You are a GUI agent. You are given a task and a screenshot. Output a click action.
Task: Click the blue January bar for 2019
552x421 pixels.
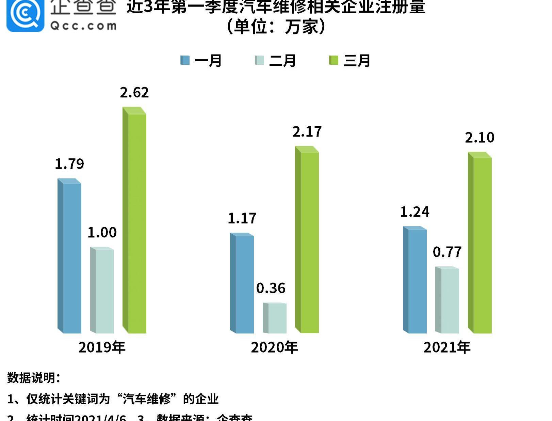coord(70,257)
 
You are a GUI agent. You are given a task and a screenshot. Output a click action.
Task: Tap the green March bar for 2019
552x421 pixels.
coord(135,221)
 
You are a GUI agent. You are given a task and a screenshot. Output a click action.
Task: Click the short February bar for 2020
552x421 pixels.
coord(275,318)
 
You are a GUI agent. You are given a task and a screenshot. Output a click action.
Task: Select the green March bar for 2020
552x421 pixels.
coord(307,240)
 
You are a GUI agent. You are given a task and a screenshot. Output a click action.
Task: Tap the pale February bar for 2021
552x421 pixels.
coord(448,300)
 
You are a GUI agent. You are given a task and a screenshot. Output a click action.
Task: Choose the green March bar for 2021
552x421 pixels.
coord(480,244)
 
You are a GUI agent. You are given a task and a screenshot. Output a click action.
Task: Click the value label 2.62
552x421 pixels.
coord(134,93)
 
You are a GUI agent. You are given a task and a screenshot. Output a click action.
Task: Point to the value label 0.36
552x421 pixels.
coord(271,289)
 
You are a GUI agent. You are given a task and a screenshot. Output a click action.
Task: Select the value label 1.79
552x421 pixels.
coord(69,164)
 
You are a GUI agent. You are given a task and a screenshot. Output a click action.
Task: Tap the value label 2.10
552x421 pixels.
coord(480,138)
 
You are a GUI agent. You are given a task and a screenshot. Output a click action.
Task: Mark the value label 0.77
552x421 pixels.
coord(447,252)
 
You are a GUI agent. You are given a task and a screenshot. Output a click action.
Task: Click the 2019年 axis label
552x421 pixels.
coord(102,347)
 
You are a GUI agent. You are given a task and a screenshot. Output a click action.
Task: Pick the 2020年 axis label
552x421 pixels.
coord(275,347)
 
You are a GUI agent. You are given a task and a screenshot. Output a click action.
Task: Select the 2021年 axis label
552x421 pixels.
coord(447,347)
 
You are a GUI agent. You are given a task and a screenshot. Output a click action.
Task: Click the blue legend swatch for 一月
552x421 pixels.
coord(185,60)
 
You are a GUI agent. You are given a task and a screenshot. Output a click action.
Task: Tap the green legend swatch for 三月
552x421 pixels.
coord(334,60)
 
